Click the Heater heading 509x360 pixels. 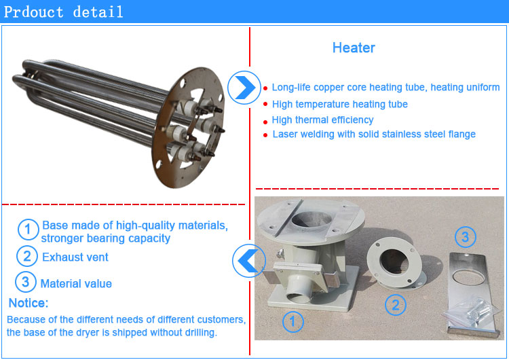[x=354, y=48]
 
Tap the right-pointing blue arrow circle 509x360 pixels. [x=244, y=88]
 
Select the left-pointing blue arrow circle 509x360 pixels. [x=249, y=261]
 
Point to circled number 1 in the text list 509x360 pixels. [x=28, y=230]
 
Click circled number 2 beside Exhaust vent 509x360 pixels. [x=27, y=256]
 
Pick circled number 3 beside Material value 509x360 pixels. [x=26, y=282]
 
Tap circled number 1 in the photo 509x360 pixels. [x=293, y=322]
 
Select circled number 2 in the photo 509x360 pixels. [x=396, y=305]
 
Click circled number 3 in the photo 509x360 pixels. [x=465, y=237]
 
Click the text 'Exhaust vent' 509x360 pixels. [x=75, y=257]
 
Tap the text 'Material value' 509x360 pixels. [x=76, y=284]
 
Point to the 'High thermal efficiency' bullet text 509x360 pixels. [x=322, y=120]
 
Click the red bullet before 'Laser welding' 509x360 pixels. [x=265, y=135]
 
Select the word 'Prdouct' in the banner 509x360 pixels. [x=33, y=12]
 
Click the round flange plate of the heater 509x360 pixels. [x=188, y=128]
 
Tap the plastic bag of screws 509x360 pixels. [x=471, y=312]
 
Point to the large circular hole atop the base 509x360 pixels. [x=312, y=221]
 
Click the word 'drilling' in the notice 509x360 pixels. [x=201, y=332]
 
